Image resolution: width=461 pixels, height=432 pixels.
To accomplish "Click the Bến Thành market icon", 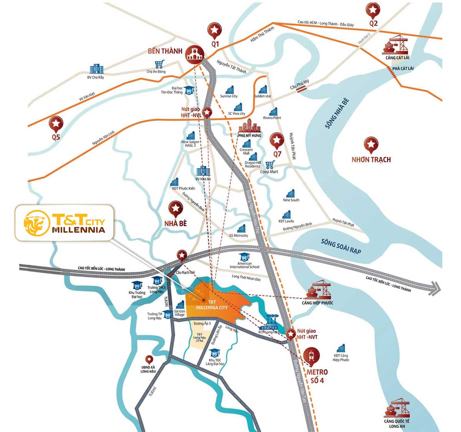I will [x=195, y=54].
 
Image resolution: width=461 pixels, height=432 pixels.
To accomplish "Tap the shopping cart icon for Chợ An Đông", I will [x=159, y=64].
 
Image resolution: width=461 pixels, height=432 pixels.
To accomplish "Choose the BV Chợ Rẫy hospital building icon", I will [x=96, y=69].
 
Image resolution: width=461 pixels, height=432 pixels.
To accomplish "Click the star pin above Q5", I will [x=56, y=124].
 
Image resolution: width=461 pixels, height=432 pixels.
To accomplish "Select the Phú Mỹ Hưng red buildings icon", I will [x=250, y=125].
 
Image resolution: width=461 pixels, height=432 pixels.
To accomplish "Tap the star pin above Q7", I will [x=277, y=140].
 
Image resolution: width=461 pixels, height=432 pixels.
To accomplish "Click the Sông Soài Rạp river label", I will [x=341, y=246].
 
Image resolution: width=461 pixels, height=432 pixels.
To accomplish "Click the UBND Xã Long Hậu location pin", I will [x=149, y=360].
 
